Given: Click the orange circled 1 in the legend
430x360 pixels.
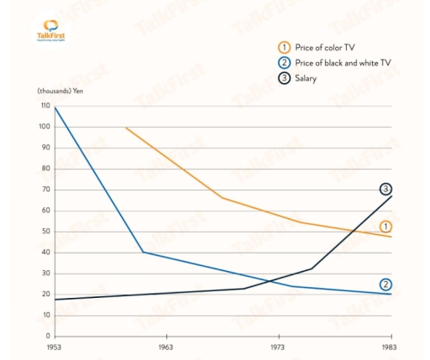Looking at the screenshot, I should click(285, 47).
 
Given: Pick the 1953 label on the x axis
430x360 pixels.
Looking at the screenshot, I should click(54, 347).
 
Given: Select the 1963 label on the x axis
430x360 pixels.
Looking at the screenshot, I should click(165, 347).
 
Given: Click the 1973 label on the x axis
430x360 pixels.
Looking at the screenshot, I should click(278, 347).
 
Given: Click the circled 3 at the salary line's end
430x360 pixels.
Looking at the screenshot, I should click(385, 189).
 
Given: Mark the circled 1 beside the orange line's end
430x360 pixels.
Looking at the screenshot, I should click(385, 227).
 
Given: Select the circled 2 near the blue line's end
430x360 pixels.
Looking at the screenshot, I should click(385, 284).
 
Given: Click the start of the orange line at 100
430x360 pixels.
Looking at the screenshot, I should click(126, 128).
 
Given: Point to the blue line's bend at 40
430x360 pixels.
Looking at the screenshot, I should click(144, 252).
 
